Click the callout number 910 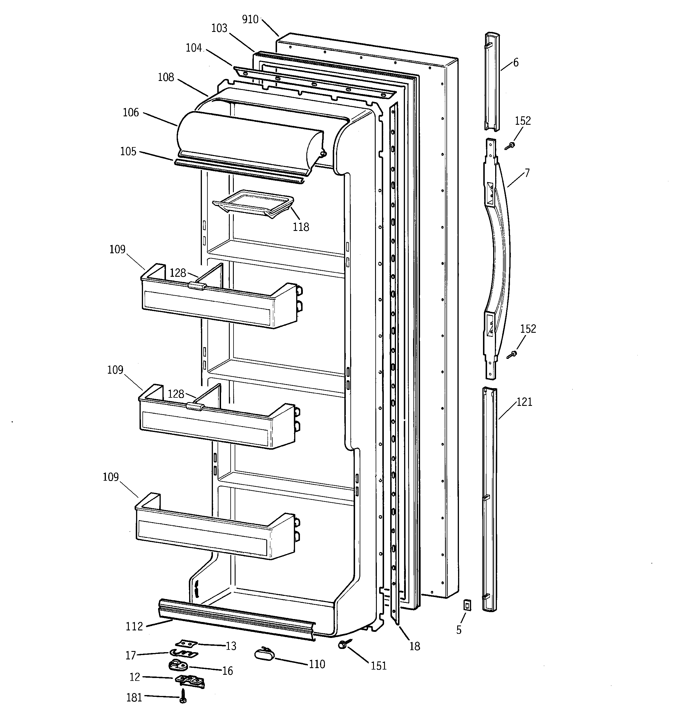pyautogui.click(x=250, y=19)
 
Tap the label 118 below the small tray pyautogui.click(x=301, y=227)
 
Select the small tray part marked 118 pyautogui.click(x=253, y=203)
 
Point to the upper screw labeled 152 pyautogui.click(x=511, y=146)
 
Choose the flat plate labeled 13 pyautogui.click(x=187, y=643)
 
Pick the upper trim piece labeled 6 pyautogui.click(x=492, y=81)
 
